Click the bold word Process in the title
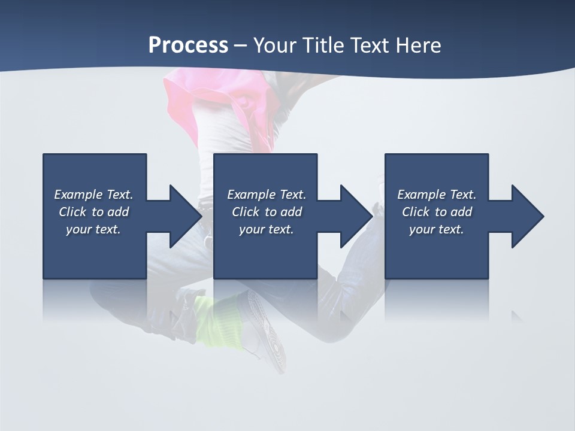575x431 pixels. tap(188, 45)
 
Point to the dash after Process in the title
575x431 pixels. tap(240, 45)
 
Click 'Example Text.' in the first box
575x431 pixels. tap(93, 195)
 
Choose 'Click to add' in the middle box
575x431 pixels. tap(267, 212)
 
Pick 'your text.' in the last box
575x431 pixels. tap(437, 229)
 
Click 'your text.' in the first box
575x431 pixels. tap(93, 229)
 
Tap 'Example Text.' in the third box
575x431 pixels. tap(437, 195)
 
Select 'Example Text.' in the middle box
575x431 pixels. tap(267, 195)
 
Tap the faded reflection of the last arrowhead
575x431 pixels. tap(516, 315)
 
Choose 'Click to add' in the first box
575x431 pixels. tap(93, 212)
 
